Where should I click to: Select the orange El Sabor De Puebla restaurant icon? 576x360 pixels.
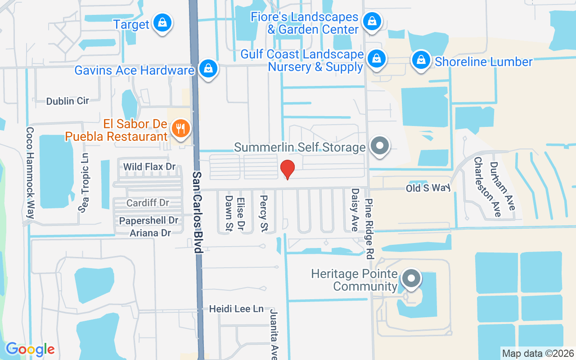click(x=181, y=129)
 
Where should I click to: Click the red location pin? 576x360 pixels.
click(x=288, y=170)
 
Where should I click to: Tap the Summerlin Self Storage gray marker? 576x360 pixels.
click(x=380, y=146)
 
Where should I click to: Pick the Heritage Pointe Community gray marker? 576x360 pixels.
click(x=411, y=279)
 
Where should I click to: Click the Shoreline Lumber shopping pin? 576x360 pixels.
click(x=421, y=60)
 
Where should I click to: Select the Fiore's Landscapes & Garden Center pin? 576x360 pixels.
click(x=372, y=21)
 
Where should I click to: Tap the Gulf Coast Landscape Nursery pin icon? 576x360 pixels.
click(x=375, y=59)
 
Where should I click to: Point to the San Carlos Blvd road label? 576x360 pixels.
click(x=197, y=211)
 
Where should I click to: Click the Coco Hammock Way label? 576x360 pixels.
click(x=30, y=173)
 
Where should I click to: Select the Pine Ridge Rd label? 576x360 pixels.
click(x=370, y=229)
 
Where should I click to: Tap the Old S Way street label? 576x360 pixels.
click(x=428, y=188)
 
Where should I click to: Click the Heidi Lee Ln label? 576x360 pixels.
click(x=236, y=309)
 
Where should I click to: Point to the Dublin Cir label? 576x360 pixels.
click(x=67, y=101)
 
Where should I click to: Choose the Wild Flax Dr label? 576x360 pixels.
click(x=149, y=167)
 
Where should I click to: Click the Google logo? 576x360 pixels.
click(x=30, y=349)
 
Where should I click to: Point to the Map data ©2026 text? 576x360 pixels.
click(x=538, y=353)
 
